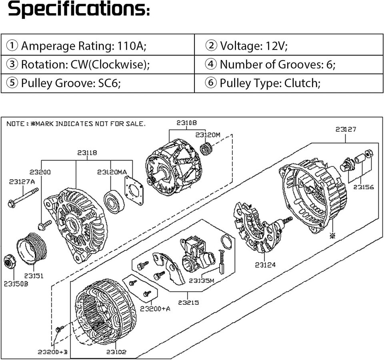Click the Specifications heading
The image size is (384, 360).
[x=79, y=9]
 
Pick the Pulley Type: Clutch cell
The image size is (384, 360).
[x=289, y=83]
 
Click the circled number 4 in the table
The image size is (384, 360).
[x=211, y=64]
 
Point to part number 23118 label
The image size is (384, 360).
[x=87, y=153]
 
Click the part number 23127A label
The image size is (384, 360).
[x=22, y=182]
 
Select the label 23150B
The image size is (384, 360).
[x=16, y=284]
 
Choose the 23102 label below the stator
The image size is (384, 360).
[x=116, y=352]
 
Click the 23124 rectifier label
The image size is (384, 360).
[x=265, y=265]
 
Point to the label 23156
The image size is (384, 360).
[x=364, y=187]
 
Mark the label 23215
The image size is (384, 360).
[x=188, y=302]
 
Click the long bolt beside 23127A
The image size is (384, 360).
[x=23, y=197]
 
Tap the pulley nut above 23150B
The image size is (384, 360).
[x=10, y=262]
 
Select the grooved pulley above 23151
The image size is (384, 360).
[x=32, y=248]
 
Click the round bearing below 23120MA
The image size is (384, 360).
[x=114, y=202]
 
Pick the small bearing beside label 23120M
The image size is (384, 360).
[x=206, y=148]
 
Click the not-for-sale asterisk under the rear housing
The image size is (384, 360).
[x=332, y=236]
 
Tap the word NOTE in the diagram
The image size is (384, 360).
[x=16, y=124]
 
